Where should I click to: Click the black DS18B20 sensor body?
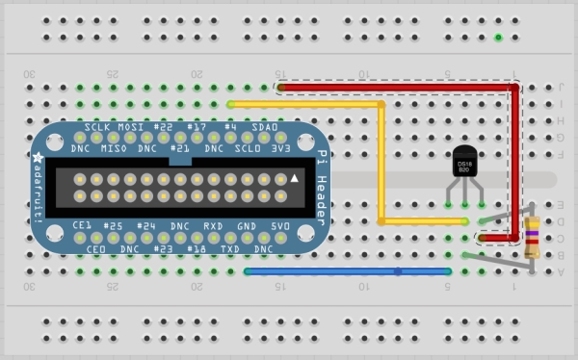[465, 165]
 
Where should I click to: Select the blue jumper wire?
[347, 272]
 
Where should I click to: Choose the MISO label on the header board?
[115, 149]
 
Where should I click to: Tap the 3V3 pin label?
[280, 149]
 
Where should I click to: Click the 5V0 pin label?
[280, 226]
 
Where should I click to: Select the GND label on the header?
[248, 226]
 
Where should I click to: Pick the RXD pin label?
[214, 226]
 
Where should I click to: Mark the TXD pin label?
[230, 248]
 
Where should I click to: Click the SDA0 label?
[265, 127]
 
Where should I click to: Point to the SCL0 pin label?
[248, 149]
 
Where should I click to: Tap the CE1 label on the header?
[83, 226]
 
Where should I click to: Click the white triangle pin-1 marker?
[296, 179]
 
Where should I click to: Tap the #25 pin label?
[115, 226]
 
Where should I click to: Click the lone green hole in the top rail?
[498, 39]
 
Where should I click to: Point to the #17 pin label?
[197, 127]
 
